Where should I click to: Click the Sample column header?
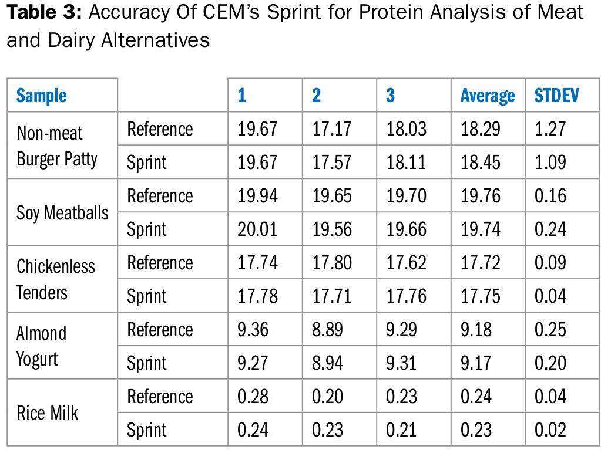point(41,95)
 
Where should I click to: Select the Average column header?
point(488,96)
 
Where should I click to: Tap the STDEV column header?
point(556,95)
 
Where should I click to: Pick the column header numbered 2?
point(316,95)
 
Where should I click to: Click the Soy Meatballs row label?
point(62,213)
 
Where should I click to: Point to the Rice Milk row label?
point(47,413)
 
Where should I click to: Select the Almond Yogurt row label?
point(41,346)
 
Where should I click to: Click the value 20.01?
point(257,229)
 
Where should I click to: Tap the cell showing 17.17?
point(332,129)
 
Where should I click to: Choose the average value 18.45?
point(480,163)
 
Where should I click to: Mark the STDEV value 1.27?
point(550,129)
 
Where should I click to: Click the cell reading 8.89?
point(327,330)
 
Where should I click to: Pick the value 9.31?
point(401,363)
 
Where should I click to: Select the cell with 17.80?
point(332,263)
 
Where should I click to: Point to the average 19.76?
point(480,195)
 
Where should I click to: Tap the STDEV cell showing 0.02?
point(550,430)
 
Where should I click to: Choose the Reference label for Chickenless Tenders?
point(160,263)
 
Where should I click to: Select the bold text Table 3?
point(45,12)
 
